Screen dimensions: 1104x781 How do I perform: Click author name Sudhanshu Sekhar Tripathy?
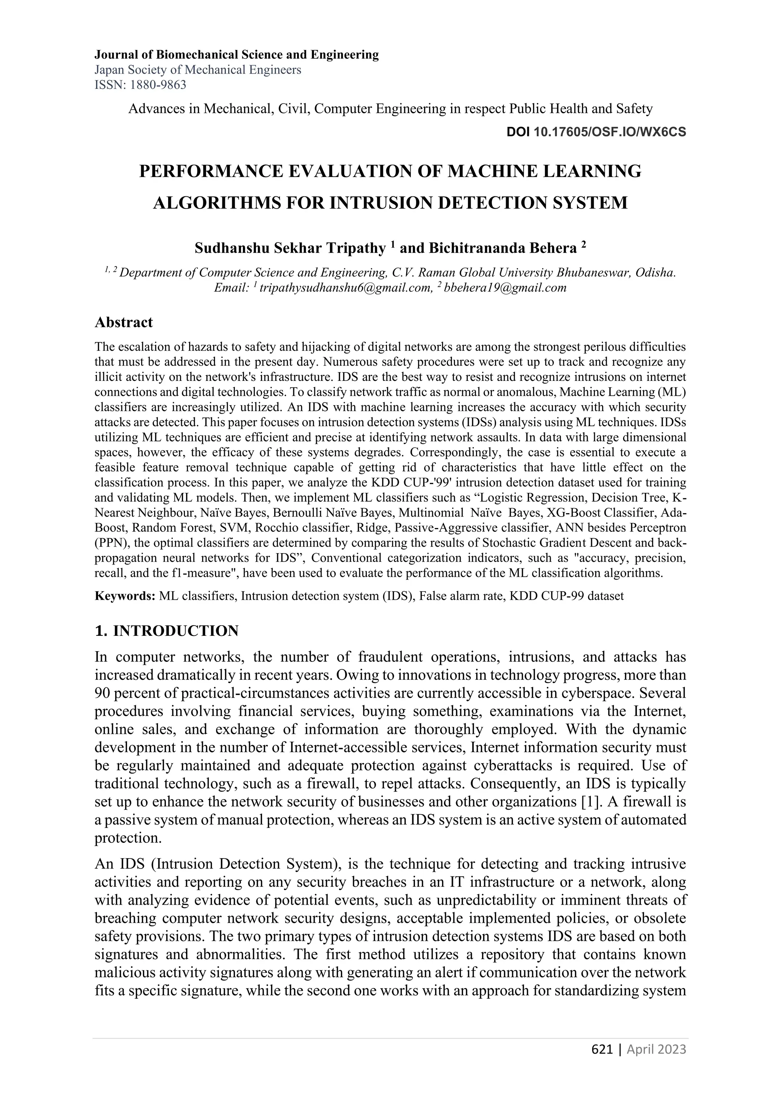[290, 248]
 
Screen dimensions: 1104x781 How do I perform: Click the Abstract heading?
[124, 322]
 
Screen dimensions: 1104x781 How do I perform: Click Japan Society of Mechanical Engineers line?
[198, 70]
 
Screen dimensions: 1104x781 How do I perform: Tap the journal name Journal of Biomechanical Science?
[236, 55]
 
